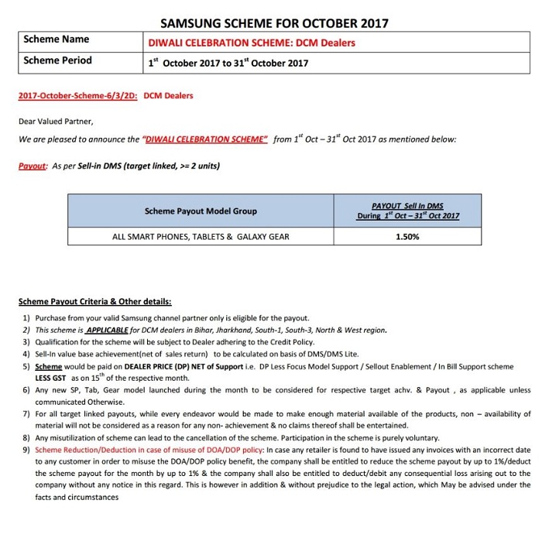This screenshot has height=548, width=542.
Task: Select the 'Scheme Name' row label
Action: click(57, 39)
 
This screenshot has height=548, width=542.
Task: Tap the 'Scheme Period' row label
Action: click(58, 60)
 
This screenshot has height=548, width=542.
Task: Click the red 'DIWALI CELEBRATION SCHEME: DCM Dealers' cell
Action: click(252, 43)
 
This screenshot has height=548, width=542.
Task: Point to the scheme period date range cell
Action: click(228, 63)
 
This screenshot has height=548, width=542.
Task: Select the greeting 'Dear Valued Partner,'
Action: click(56, 121)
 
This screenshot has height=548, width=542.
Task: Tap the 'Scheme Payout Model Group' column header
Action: click(201, 211)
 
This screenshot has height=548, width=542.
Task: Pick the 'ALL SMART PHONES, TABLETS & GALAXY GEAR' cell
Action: click(201, 237)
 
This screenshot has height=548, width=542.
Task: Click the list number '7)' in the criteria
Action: click(26, 415)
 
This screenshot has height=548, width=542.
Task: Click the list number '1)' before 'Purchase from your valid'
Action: click(26, 318)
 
